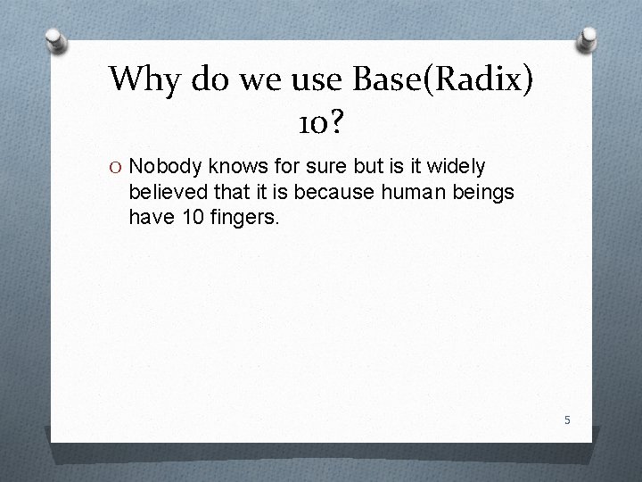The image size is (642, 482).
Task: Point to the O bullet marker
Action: (x=117, y=166)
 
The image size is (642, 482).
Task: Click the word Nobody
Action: (x=166, y=166)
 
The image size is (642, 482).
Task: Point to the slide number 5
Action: (x=566, y=420)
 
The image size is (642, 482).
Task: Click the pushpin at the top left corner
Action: (x=56, y=39)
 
